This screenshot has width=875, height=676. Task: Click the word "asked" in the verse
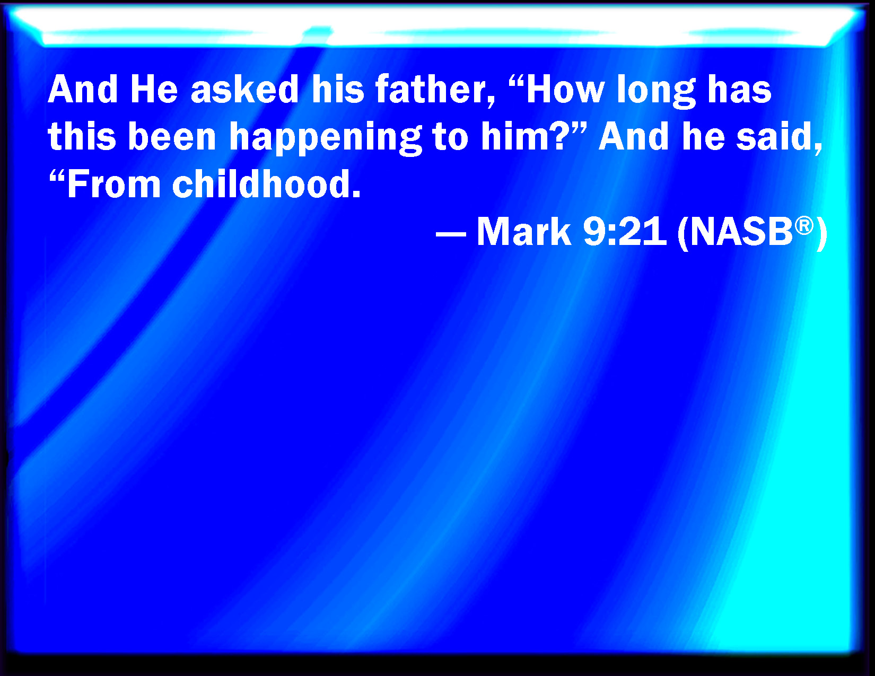click(244, 89)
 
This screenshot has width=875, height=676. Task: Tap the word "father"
click(435, 90)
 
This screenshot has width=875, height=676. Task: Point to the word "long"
click(656, 91)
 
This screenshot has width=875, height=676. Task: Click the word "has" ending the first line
click(739, 89)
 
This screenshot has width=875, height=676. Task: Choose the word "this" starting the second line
click(82, 136)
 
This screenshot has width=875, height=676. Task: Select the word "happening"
click(326, 138)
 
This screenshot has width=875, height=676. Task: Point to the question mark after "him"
click(557, 136)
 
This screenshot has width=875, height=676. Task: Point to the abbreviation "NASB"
click(741, 232)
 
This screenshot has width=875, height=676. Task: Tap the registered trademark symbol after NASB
click(804, 226)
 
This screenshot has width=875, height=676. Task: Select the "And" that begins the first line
click(83, 89)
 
